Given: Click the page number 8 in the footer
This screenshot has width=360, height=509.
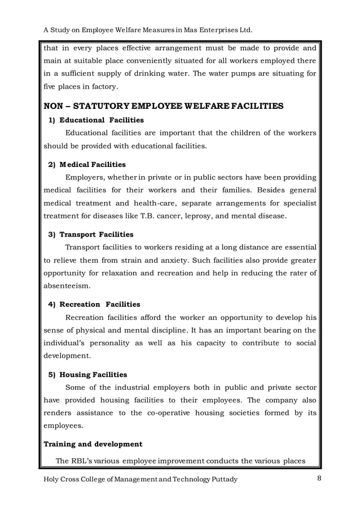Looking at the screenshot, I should [319, 479].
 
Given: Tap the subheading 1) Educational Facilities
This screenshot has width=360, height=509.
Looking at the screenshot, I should [96, 120].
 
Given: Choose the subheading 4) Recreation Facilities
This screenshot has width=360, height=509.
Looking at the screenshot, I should [94, 304].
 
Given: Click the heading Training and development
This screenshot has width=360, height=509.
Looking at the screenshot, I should [93, 444].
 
